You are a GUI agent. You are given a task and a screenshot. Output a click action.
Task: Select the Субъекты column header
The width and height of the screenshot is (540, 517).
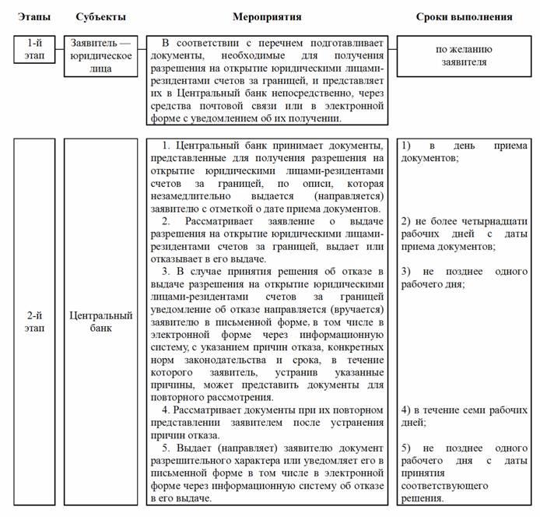coord(102,16)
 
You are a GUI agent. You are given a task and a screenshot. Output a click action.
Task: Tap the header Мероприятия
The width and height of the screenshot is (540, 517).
coord(268,16)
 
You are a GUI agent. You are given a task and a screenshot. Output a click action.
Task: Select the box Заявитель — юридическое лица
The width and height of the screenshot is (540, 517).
coord(102,55)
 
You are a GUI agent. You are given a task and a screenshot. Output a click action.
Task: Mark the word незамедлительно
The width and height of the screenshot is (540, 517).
coord(188,196)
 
